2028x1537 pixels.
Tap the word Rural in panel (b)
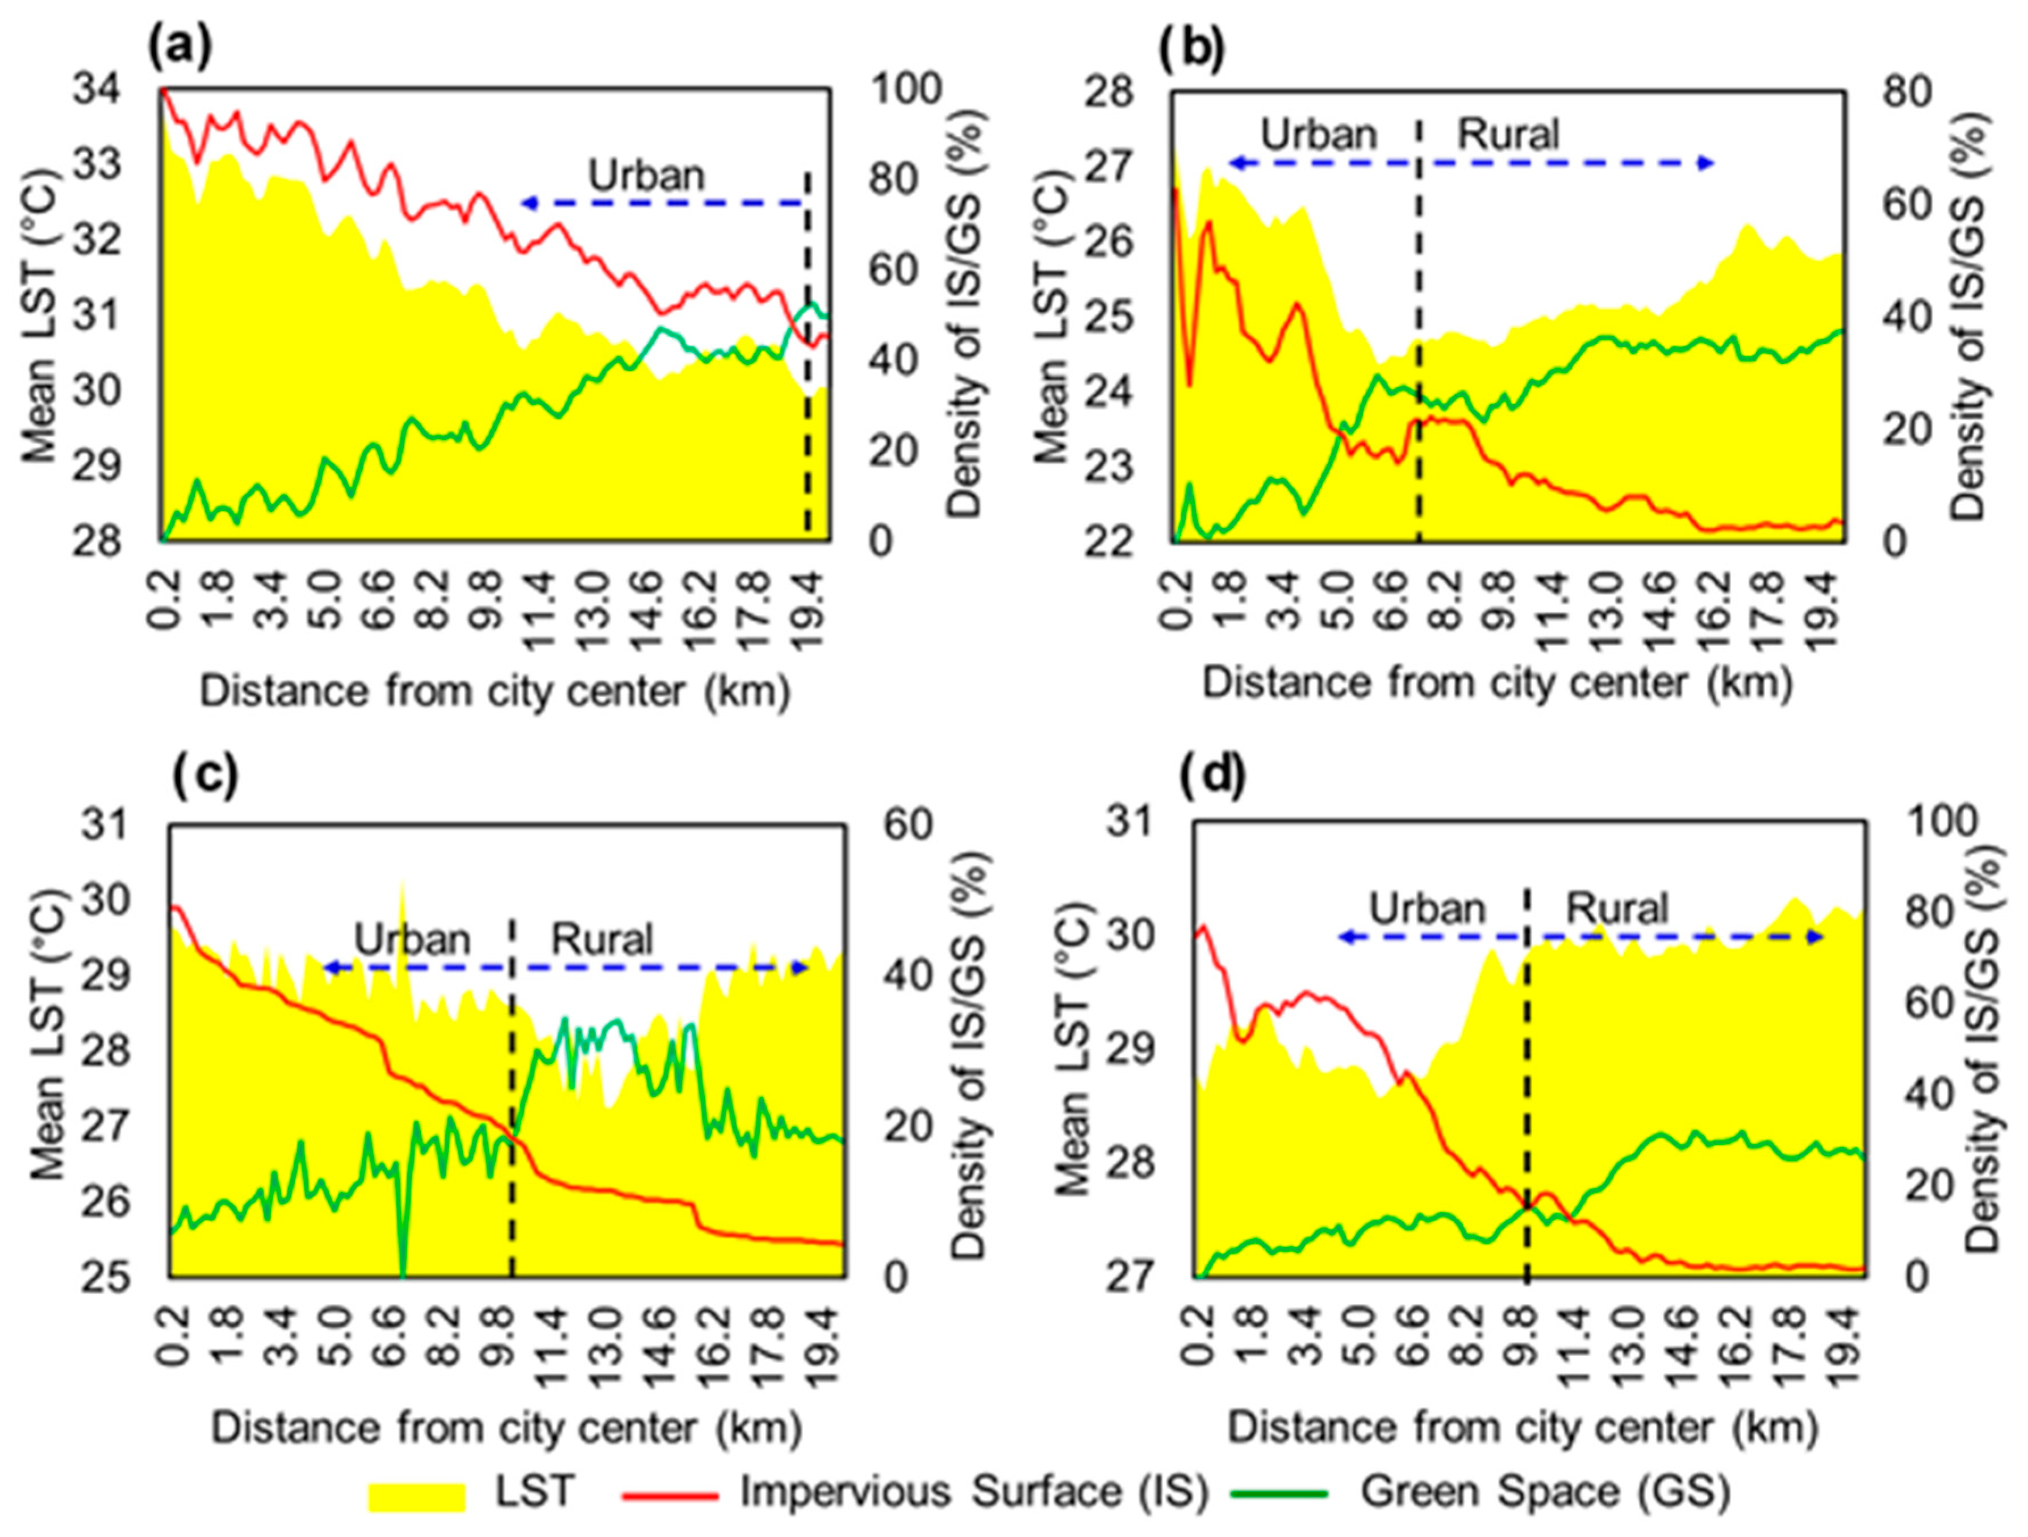point(1508,135)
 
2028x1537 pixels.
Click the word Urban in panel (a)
point(646,174)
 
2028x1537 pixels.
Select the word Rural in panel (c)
point(601,939)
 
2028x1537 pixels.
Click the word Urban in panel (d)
point(1427,908)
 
